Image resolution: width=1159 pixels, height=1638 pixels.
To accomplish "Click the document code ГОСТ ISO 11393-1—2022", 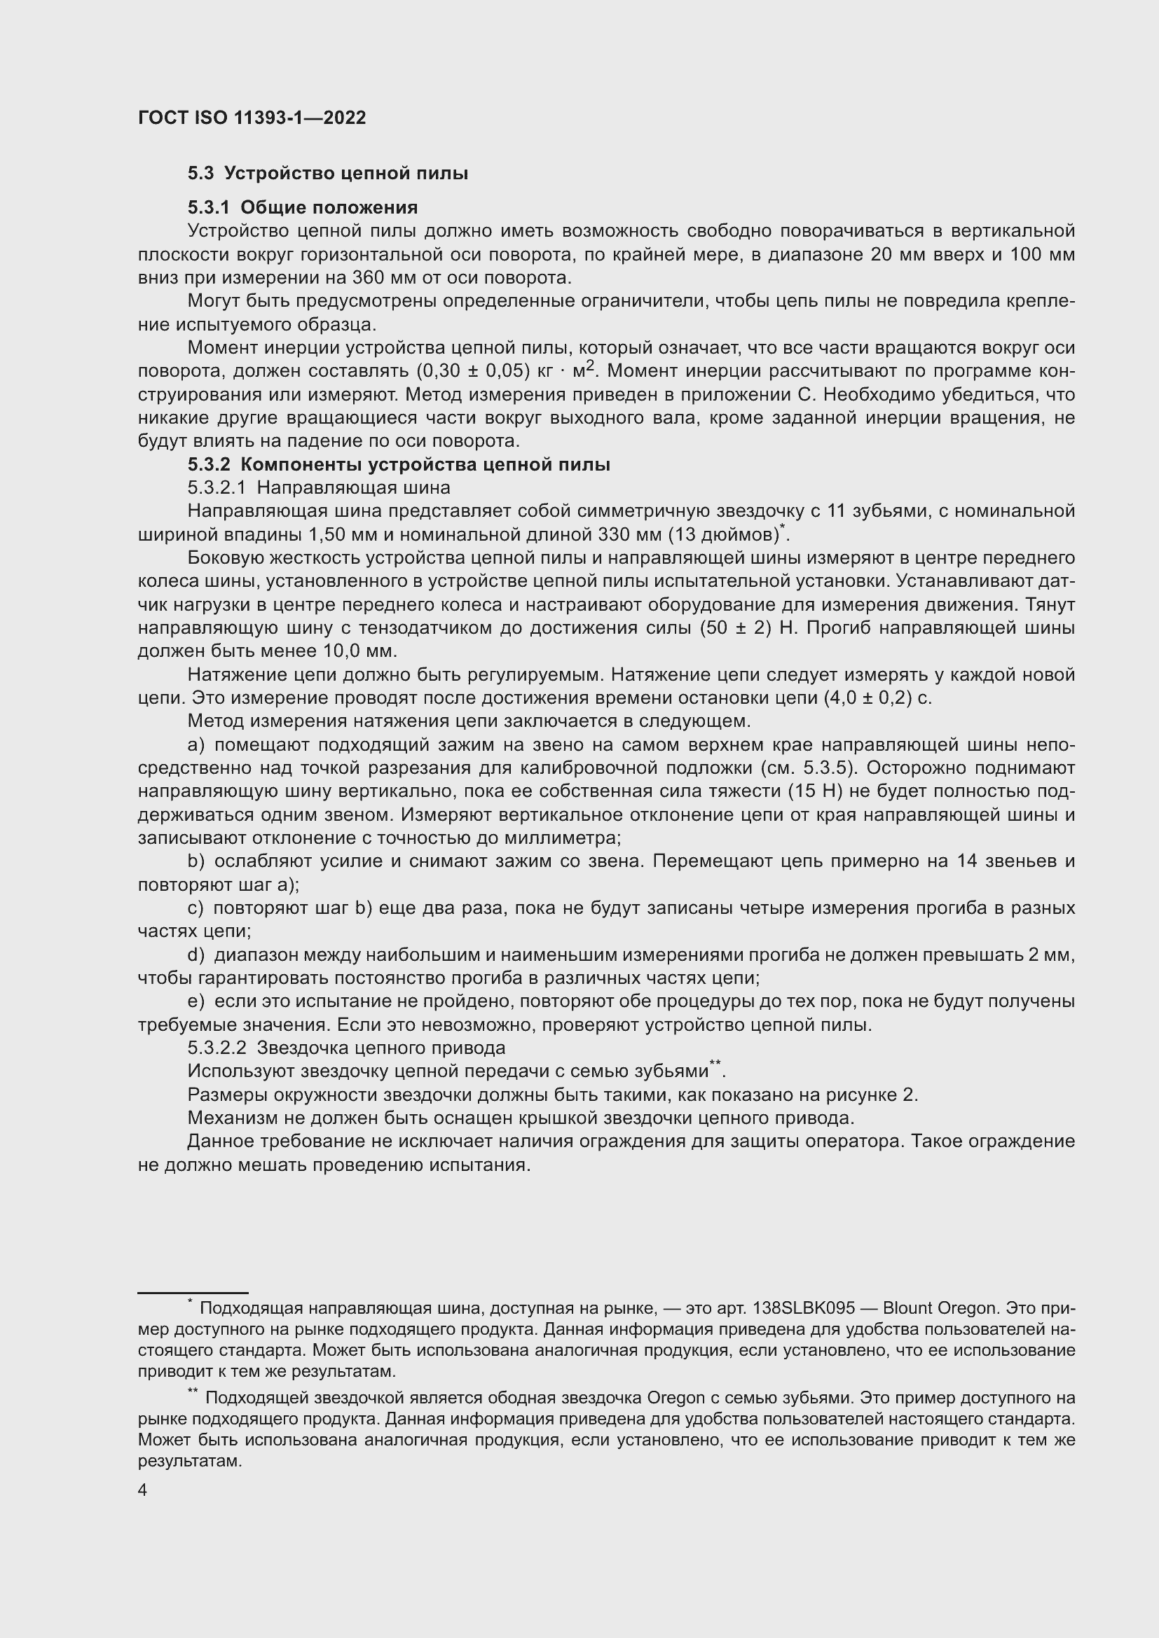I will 252,118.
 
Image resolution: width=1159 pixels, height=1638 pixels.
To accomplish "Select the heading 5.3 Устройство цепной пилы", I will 327,174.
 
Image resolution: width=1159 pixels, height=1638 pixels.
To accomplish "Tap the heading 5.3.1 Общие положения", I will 303,207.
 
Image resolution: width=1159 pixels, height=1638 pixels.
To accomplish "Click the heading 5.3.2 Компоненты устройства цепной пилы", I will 398,464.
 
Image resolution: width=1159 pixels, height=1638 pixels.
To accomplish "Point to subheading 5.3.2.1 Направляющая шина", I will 319,488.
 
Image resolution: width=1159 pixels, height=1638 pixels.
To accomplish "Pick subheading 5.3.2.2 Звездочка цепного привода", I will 346,1048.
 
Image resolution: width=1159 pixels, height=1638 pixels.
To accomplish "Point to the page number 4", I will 143,1491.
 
